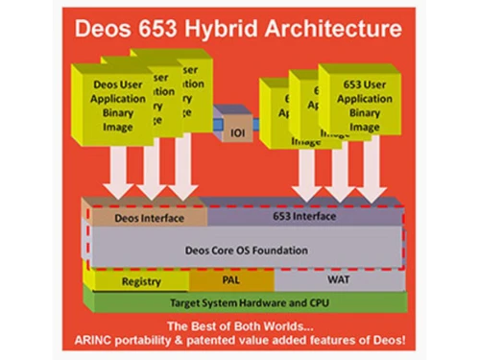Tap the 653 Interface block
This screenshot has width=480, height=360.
coord(305,217)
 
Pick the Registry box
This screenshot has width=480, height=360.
coord(141,282)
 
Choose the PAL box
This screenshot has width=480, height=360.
coord(232,282)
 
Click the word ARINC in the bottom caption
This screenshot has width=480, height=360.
coord(108,339)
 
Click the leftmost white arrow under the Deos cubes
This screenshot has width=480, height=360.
coord(122,173)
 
